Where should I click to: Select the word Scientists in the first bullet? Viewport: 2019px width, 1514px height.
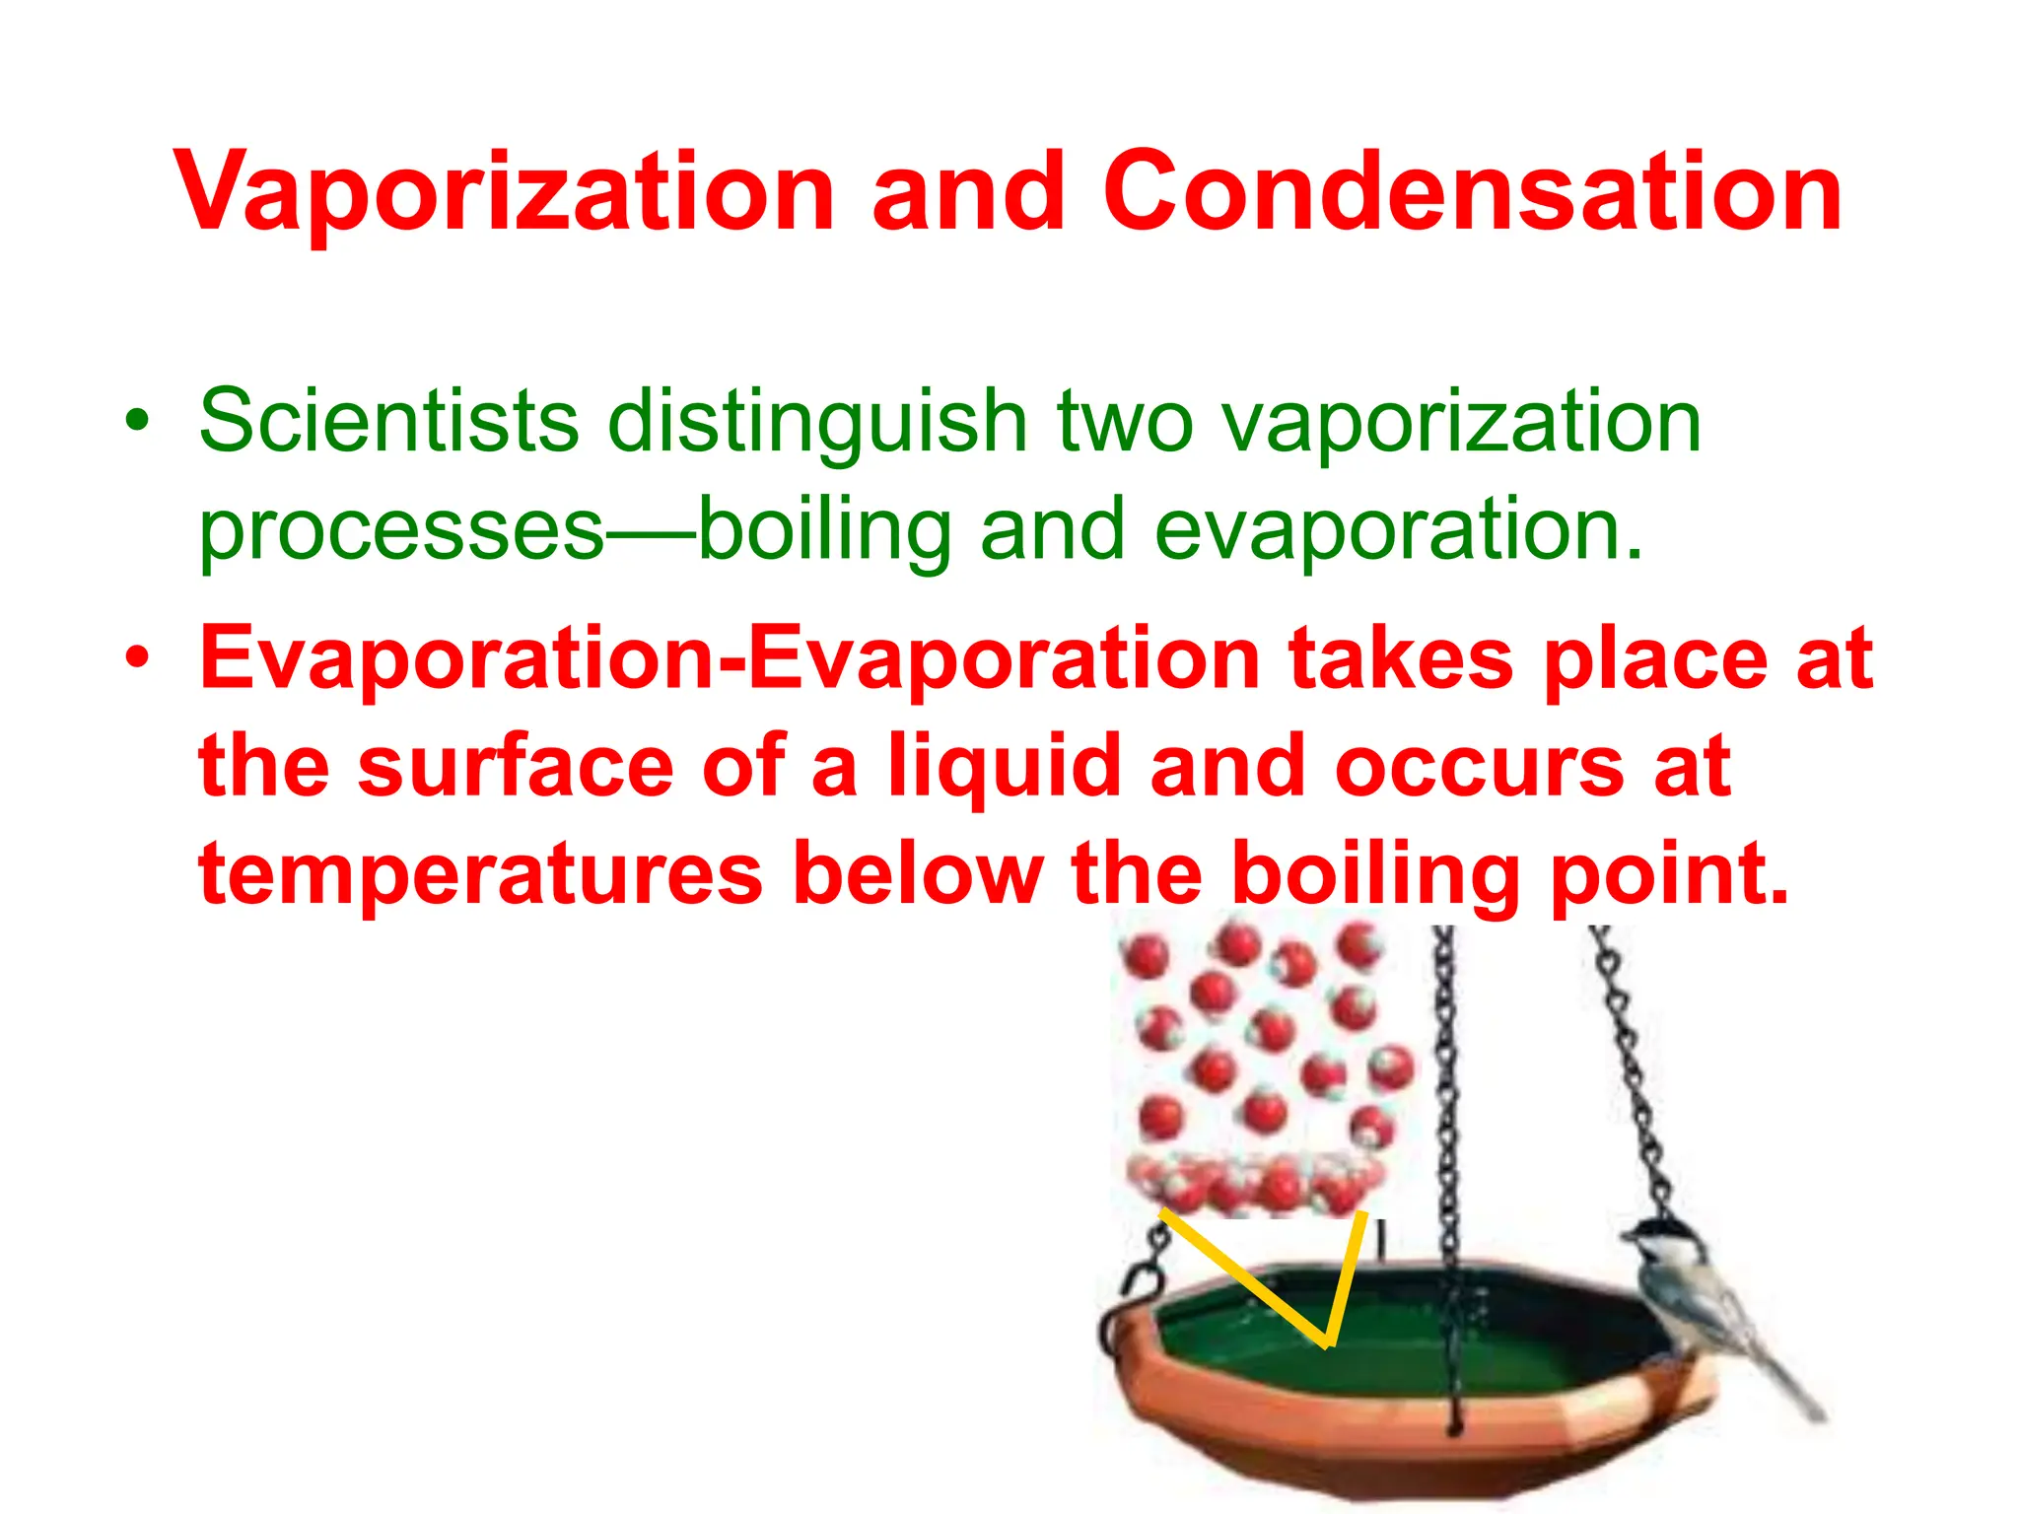388,422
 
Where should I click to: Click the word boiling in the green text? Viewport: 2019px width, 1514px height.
825,530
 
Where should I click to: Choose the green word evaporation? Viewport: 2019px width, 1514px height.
1398,530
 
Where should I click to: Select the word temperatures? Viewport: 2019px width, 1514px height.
481,873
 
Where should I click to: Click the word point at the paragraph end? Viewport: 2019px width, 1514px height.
1669,875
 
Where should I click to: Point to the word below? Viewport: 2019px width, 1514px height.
918,873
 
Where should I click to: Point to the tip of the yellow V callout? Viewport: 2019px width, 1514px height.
1328,1342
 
